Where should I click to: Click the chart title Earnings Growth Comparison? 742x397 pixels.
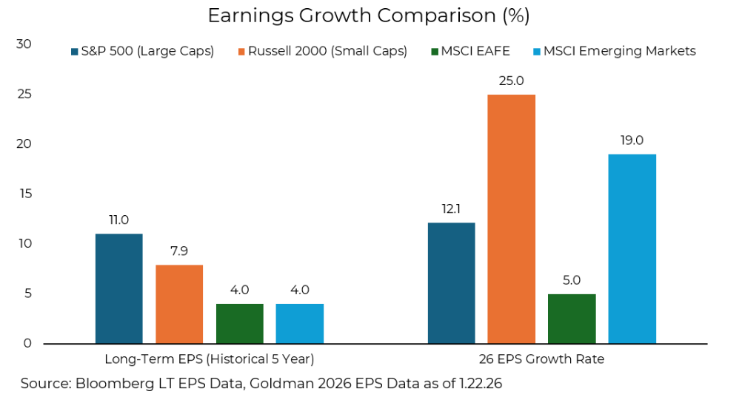pos(368,16)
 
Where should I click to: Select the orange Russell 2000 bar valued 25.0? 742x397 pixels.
pos(511,219)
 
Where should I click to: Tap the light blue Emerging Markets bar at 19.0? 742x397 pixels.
pos(632,248)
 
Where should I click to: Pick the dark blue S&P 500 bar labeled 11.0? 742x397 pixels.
pos(119,288)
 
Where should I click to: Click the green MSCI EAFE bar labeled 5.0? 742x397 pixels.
pos(572,319)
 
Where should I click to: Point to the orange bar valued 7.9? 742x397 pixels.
pos(179,304)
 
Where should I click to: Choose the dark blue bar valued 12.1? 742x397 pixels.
pos(451,283)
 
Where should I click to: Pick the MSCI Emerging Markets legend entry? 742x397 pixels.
pos(614,51)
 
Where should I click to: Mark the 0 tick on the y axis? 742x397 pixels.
pos(27,343)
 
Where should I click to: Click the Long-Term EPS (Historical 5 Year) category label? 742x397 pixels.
pos(210,359)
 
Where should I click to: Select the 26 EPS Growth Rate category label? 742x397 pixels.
pos(541,359)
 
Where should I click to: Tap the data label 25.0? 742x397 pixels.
pos(511,80)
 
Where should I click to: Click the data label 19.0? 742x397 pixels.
pos(632,140)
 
